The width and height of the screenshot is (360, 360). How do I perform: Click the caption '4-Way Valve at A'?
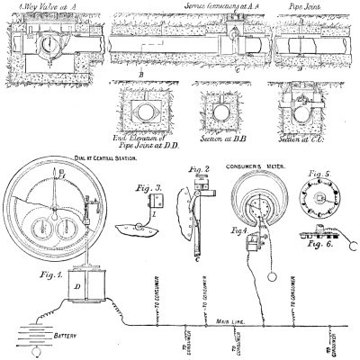pyautogui.click(x=41, y=6)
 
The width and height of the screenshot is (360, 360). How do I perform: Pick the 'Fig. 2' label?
pyautogui.click(x=202, y=169)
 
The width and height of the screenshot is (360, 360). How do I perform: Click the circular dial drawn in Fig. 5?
pyautogui.click(x=321, y=207)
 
